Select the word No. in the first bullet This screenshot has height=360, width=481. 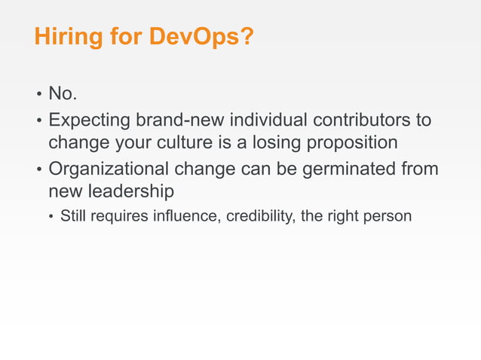pos(64,93)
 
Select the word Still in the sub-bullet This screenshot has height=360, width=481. pos(73,217)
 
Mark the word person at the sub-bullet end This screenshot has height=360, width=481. pos(388,217)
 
